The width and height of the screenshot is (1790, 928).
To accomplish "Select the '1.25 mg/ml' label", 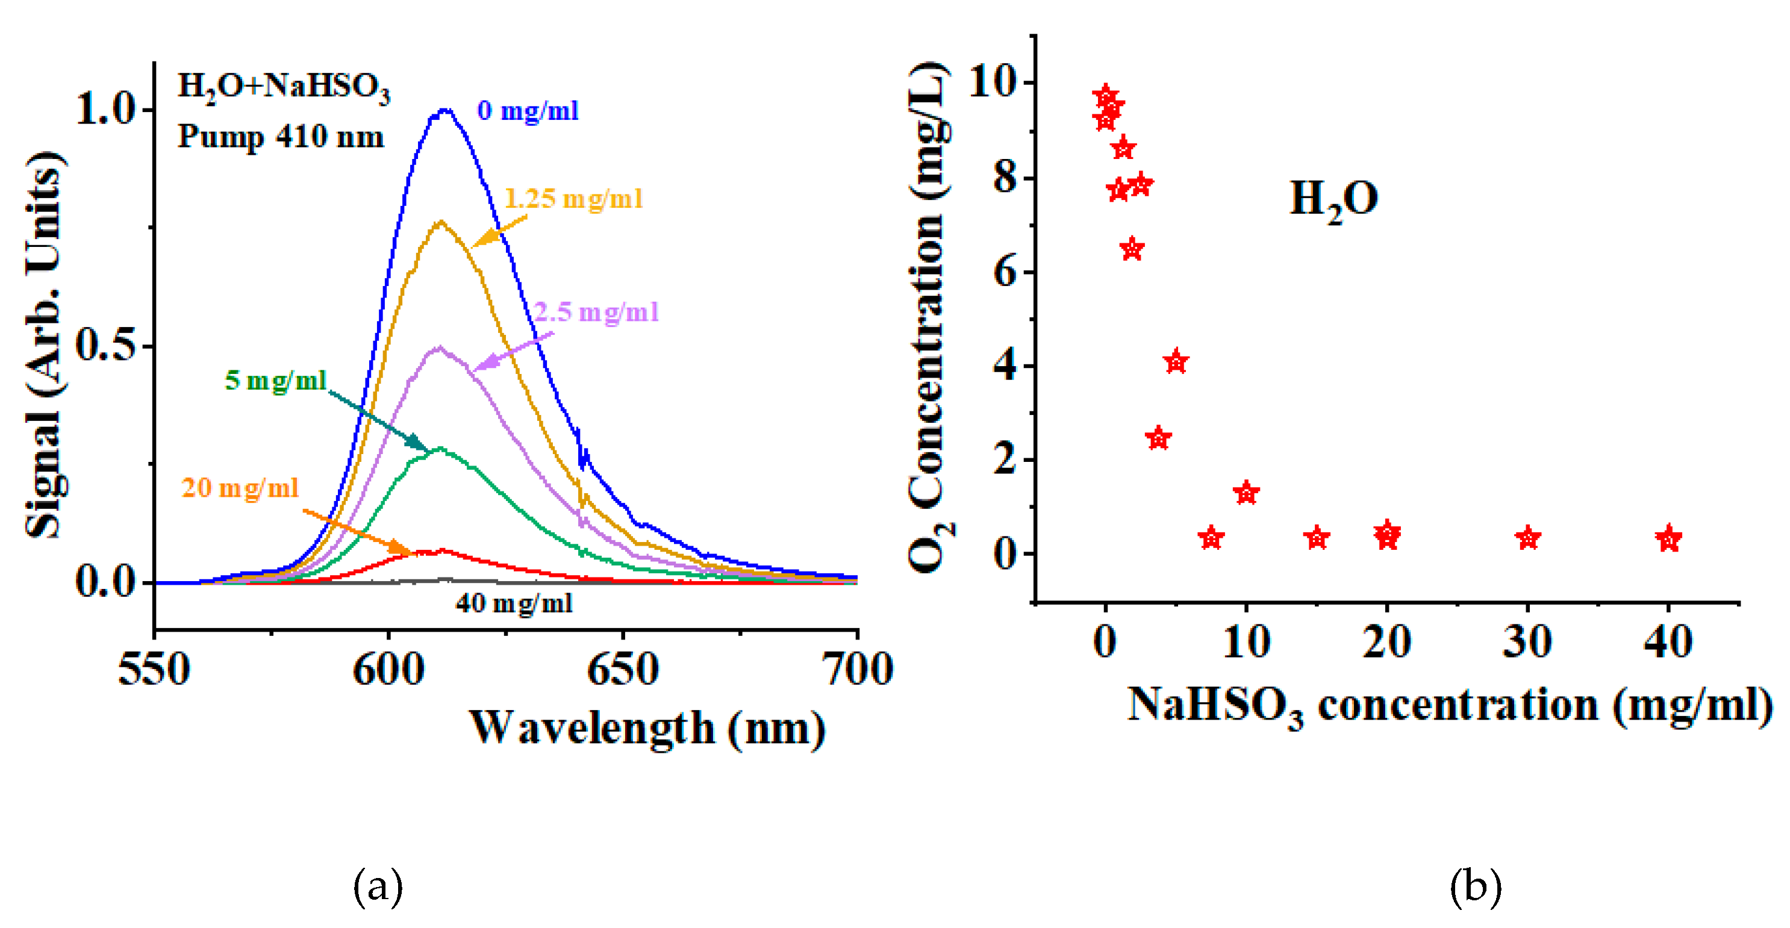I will [573, 199].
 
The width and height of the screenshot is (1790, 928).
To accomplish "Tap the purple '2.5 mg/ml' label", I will [596, 313].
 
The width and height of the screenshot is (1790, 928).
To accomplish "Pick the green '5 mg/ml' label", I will [275, 381].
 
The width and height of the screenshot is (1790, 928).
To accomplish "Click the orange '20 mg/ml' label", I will [240, 488].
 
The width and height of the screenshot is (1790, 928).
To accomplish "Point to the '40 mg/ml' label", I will [514, 603].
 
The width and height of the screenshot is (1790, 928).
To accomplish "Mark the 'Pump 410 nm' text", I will [281, 137].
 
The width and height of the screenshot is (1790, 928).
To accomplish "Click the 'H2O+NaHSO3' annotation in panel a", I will [284, 87].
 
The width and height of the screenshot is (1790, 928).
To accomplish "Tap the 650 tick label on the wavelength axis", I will [623, 670].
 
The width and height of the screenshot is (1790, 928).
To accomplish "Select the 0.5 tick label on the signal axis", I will [105, 345].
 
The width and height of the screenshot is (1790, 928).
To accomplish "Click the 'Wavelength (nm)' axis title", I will [646, 728].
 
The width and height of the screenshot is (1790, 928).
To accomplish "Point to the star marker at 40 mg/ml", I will [1668, 538].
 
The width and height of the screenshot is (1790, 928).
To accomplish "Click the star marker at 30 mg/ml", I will [1527, 538].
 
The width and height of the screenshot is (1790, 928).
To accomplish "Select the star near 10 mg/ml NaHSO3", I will [1246, 493].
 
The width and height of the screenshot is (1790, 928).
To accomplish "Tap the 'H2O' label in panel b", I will [1333, 200].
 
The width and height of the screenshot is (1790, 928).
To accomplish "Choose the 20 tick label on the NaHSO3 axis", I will [1386, 642].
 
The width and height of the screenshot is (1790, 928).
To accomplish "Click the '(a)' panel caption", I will [378, 887].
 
